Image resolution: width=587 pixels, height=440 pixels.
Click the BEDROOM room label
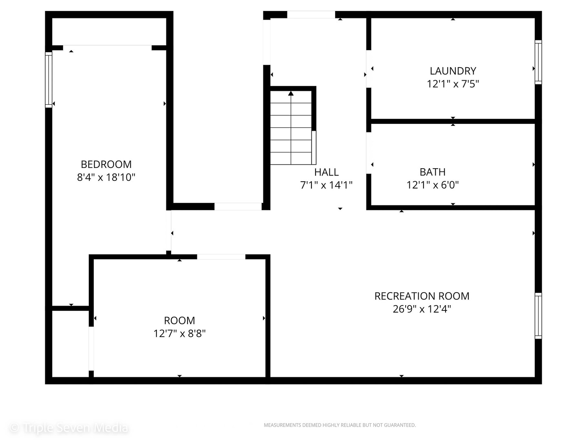[x=106, y=164]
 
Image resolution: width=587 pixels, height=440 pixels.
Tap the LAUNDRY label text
[x=452, y=71]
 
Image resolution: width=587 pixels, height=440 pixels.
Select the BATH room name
[x=432, y=172]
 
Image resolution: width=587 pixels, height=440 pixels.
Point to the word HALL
[x=326, y=172]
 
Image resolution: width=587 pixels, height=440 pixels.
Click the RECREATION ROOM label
[x=421, y=296]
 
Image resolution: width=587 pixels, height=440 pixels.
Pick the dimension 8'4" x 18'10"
[x=106, y=177]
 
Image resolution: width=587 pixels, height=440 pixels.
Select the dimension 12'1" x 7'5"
[x=452, y=84]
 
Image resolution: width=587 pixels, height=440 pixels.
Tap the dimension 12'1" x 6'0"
[x=432, y=185]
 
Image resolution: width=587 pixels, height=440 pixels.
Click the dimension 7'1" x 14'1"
[x=326, y=185]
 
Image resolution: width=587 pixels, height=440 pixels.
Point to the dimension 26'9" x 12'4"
[x=421, y=309]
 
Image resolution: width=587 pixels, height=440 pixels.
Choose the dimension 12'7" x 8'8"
[x=179, y=334]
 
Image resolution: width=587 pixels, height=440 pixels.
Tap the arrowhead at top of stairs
[x=291, y=94]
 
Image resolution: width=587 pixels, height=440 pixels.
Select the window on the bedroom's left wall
[x=49, y=79]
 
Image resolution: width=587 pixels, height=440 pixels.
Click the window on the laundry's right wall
[x=538, y=62]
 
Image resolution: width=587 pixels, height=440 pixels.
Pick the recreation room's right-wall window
[x=538, y=316]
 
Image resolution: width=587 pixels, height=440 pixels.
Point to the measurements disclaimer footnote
[x=340, y=425]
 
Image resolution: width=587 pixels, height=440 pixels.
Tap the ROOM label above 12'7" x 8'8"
[x=179, y=321]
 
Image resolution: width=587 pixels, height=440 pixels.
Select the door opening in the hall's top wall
[x=311, y=15]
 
